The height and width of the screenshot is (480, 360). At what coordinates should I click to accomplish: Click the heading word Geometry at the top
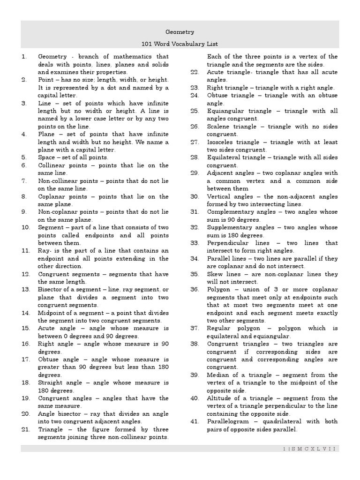point(180,32)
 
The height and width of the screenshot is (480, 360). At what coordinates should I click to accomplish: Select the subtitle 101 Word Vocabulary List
point(180,44)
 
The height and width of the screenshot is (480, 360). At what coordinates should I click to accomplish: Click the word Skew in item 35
point(215,274)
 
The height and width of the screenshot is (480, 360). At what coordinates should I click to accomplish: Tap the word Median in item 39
point(218,375)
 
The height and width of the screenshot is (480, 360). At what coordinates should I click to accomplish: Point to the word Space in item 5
point(46,157)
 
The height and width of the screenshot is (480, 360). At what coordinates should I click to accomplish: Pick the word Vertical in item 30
point(218,196)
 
